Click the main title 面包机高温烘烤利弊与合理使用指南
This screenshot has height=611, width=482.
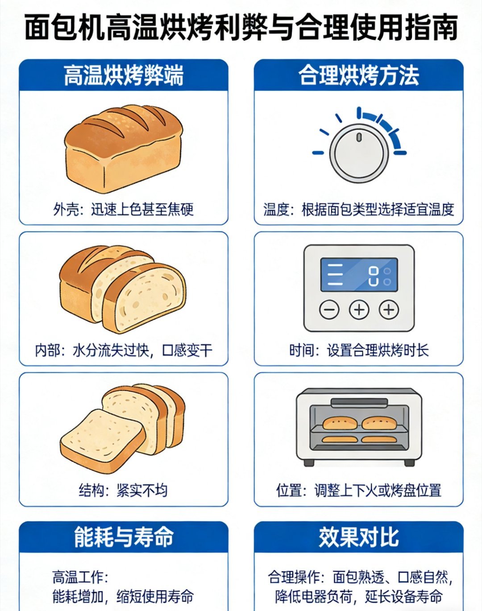[241, 28]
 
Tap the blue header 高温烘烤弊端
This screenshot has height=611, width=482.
[124, 75]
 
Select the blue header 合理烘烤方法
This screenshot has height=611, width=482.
[359, 75]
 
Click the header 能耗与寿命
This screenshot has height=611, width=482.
[124, 537]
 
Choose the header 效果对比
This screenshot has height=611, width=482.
[359, 537]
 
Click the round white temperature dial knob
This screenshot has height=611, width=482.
[359, 153]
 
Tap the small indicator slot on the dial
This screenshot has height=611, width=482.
[359, 137]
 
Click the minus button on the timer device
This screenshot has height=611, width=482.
[329, 309]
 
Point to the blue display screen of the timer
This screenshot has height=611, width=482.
[359, 275]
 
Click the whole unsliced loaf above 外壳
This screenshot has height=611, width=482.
[123, 149]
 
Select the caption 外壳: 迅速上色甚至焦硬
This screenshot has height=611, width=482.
[123, 210]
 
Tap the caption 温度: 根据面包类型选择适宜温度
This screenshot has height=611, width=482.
[359, 210]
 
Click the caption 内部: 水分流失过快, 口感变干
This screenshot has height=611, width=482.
[124, 351]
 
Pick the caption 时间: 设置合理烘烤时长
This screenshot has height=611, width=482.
[359, 351]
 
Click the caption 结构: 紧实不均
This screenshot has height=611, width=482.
[123, 490]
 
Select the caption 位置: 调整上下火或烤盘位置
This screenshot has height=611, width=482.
[359, 490]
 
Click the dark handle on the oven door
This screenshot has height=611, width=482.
[359, 402]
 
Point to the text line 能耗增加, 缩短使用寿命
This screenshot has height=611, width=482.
[123, 596]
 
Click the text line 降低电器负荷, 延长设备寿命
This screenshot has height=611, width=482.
[359, 596]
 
